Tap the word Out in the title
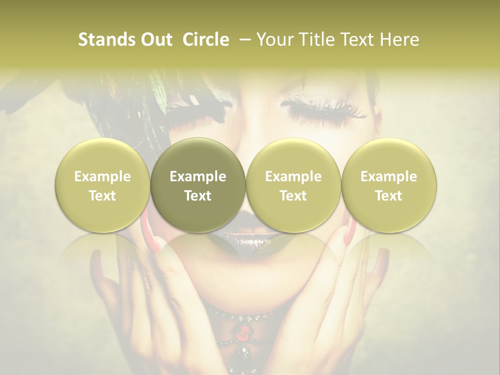click(156, 40)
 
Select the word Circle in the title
click(206, 40)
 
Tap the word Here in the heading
click(399, 40)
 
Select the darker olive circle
click(198, 185)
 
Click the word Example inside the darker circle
click(198, 177)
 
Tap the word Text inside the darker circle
click(198, 196)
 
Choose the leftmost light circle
click(103, 185)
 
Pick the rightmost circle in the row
click(389, 185)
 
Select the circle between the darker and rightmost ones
click(293, 185)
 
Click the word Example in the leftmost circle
click(103, 177)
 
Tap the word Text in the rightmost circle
click(389, 196)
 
